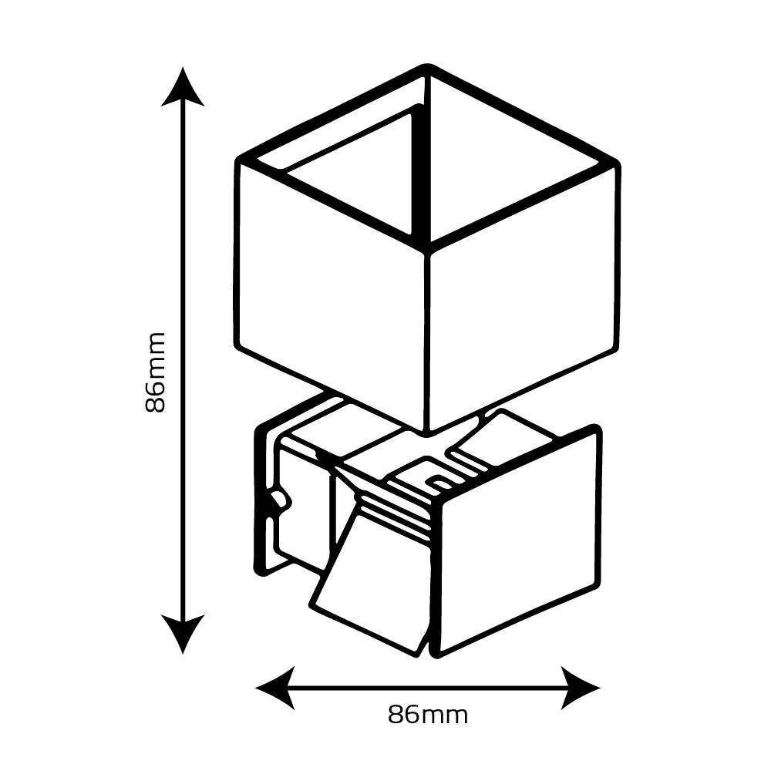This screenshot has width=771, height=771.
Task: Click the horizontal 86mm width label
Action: [428, 715]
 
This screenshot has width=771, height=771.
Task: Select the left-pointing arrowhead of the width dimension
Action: [274, 687]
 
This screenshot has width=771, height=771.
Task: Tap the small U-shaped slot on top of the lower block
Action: [439, 483]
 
